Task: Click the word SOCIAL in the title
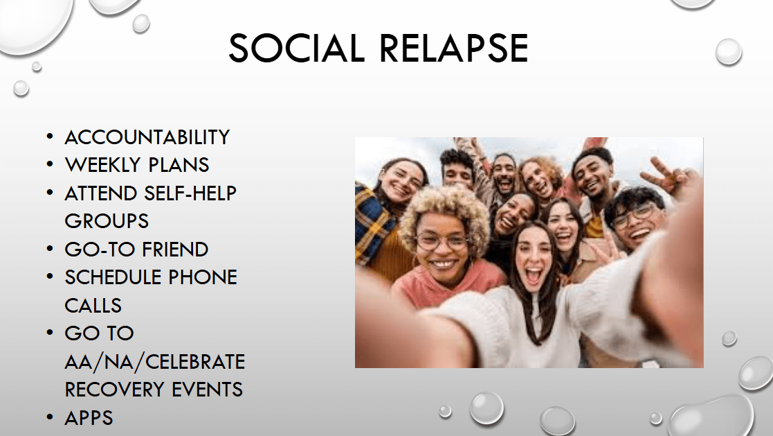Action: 296,49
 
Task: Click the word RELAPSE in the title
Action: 453,49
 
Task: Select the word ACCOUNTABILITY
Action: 147,137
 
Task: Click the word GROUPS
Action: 107,221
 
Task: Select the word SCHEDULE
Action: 114,277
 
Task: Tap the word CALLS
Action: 93,306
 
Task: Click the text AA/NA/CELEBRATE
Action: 155,362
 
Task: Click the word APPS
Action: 89,418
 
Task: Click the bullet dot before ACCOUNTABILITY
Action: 49,136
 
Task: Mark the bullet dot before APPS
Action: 49,417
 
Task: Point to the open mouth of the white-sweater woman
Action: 533,276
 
